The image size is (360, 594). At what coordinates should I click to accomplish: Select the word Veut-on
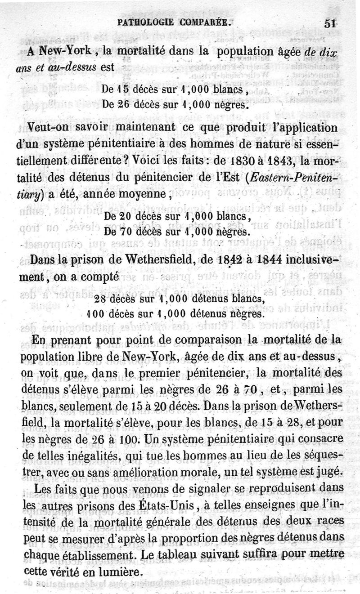click(x=48, y=127)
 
